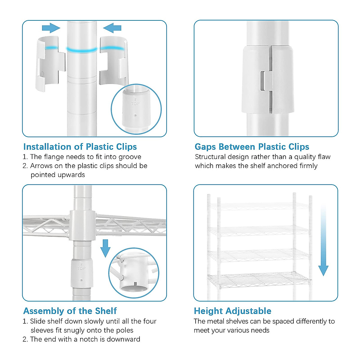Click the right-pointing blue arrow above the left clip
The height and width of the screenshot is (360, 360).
[51, 28]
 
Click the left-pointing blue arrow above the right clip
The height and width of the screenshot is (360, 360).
[112, 28]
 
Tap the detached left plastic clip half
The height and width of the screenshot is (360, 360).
[50, 64]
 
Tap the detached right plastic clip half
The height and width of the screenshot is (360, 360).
[114, 61]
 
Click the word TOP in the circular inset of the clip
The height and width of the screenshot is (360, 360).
[135, 103]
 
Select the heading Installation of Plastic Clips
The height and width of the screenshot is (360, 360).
[80, 147]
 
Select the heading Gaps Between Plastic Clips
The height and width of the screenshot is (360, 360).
[252, 147]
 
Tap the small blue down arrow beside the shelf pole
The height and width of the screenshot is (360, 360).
[105, 248]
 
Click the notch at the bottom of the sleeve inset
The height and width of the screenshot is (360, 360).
[135, 284]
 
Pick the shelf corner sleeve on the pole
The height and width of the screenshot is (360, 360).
[82, 226]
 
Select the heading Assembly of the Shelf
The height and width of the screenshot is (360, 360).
[70, 311]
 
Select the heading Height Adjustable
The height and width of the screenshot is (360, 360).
[232, 311]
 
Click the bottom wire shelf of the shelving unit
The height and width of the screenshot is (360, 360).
[259, 280]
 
